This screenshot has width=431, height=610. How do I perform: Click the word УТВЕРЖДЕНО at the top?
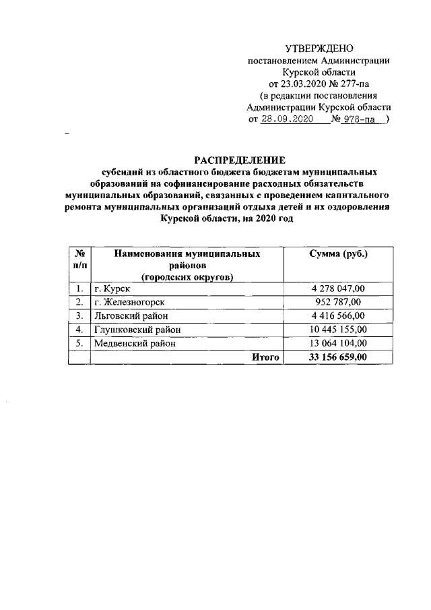(319, 48)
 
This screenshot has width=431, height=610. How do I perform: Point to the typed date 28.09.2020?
(288, 119)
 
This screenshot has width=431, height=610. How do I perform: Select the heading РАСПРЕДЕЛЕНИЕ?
(240, 160)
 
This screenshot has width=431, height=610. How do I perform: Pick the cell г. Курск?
(108, 289)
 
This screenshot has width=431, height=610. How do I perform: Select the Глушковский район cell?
(137, 330)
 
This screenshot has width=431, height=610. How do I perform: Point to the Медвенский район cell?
(134, 343)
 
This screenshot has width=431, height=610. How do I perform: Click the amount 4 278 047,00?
(338, 289)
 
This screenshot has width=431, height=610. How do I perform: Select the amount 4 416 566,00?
(338, 315)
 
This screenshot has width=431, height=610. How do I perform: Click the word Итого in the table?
(265, 357)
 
